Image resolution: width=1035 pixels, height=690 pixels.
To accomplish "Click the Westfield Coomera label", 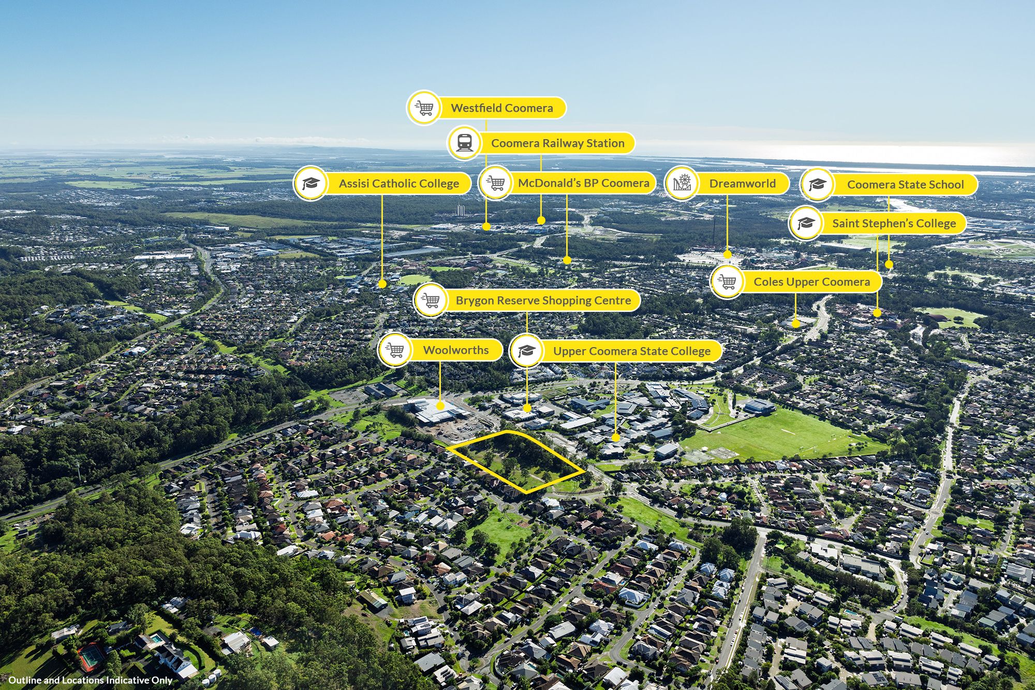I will tap(501, 108).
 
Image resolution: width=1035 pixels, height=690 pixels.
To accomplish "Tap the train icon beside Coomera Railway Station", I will tap(464, 143).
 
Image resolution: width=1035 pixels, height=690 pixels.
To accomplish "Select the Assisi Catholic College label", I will tap(398, 184).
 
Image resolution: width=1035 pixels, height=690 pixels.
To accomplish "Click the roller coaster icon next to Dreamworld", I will tap(682, 183).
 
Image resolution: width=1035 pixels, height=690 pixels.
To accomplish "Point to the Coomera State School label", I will tap(905, 185).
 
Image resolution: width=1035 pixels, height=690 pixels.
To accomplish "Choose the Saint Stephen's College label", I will tap(894, 223).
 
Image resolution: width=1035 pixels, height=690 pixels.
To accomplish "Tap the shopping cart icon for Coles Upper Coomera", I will tap(727, 282).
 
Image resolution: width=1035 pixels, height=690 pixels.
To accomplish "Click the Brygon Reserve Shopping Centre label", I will tap(543, 301).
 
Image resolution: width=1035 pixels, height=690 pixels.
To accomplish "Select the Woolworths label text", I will tap(455, 350).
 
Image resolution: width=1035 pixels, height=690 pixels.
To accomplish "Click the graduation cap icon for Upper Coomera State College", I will tap(526, 351).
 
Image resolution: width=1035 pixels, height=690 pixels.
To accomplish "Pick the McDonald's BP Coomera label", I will tap(583, 183).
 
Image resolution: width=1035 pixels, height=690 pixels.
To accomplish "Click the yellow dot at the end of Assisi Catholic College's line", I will tap(382, 284).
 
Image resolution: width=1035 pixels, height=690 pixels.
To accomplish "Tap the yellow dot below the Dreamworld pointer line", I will tap(727, 254).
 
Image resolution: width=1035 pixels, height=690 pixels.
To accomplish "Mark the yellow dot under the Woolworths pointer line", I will tap(440, 406).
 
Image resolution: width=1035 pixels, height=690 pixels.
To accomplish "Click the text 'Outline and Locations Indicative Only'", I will tap(90, 680).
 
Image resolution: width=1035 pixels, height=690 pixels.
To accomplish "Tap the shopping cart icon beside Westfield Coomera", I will tap(424, 108).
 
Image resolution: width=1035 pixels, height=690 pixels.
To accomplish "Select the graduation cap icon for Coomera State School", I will tap(817, 185).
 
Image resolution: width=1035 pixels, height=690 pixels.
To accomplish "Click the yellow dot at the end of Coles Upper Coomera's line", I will tap(796, 324).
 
